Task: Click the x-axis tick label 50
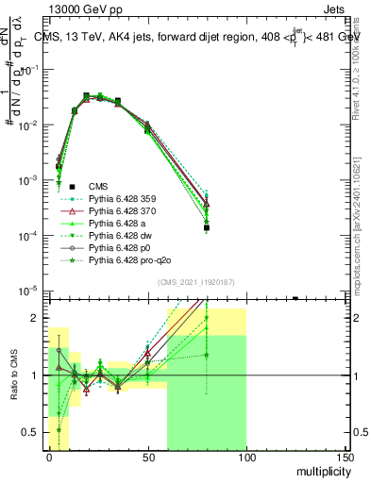point(147,458)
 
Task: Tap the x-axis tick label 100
point(246,458)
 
